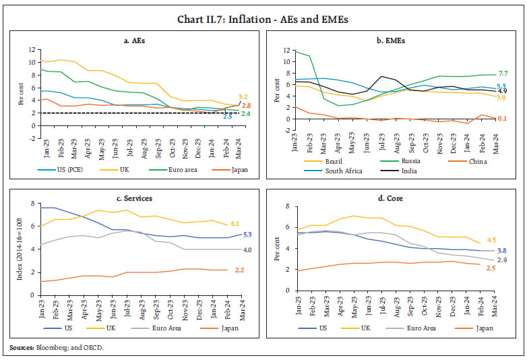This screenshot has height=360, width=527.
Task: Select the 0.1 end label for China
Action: (501, 118)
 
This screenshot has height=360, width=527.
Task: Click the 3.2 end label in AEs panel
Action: (245, 97)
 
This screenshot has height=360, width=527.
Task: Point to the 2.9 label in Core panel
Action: (502, 260)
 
